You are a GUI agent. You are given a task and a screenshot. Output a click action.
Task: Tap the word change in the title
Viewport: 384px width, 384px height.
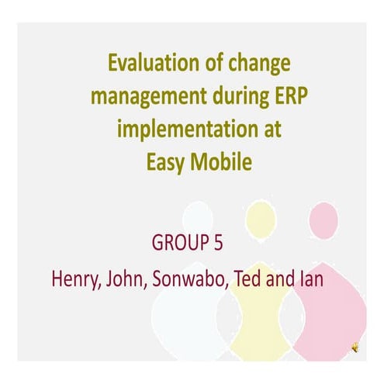click(x=253, y=64)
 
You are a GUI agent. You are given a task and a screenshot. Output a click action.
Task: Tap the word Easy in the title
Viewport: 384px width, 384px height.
click(x=168, y=162)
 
